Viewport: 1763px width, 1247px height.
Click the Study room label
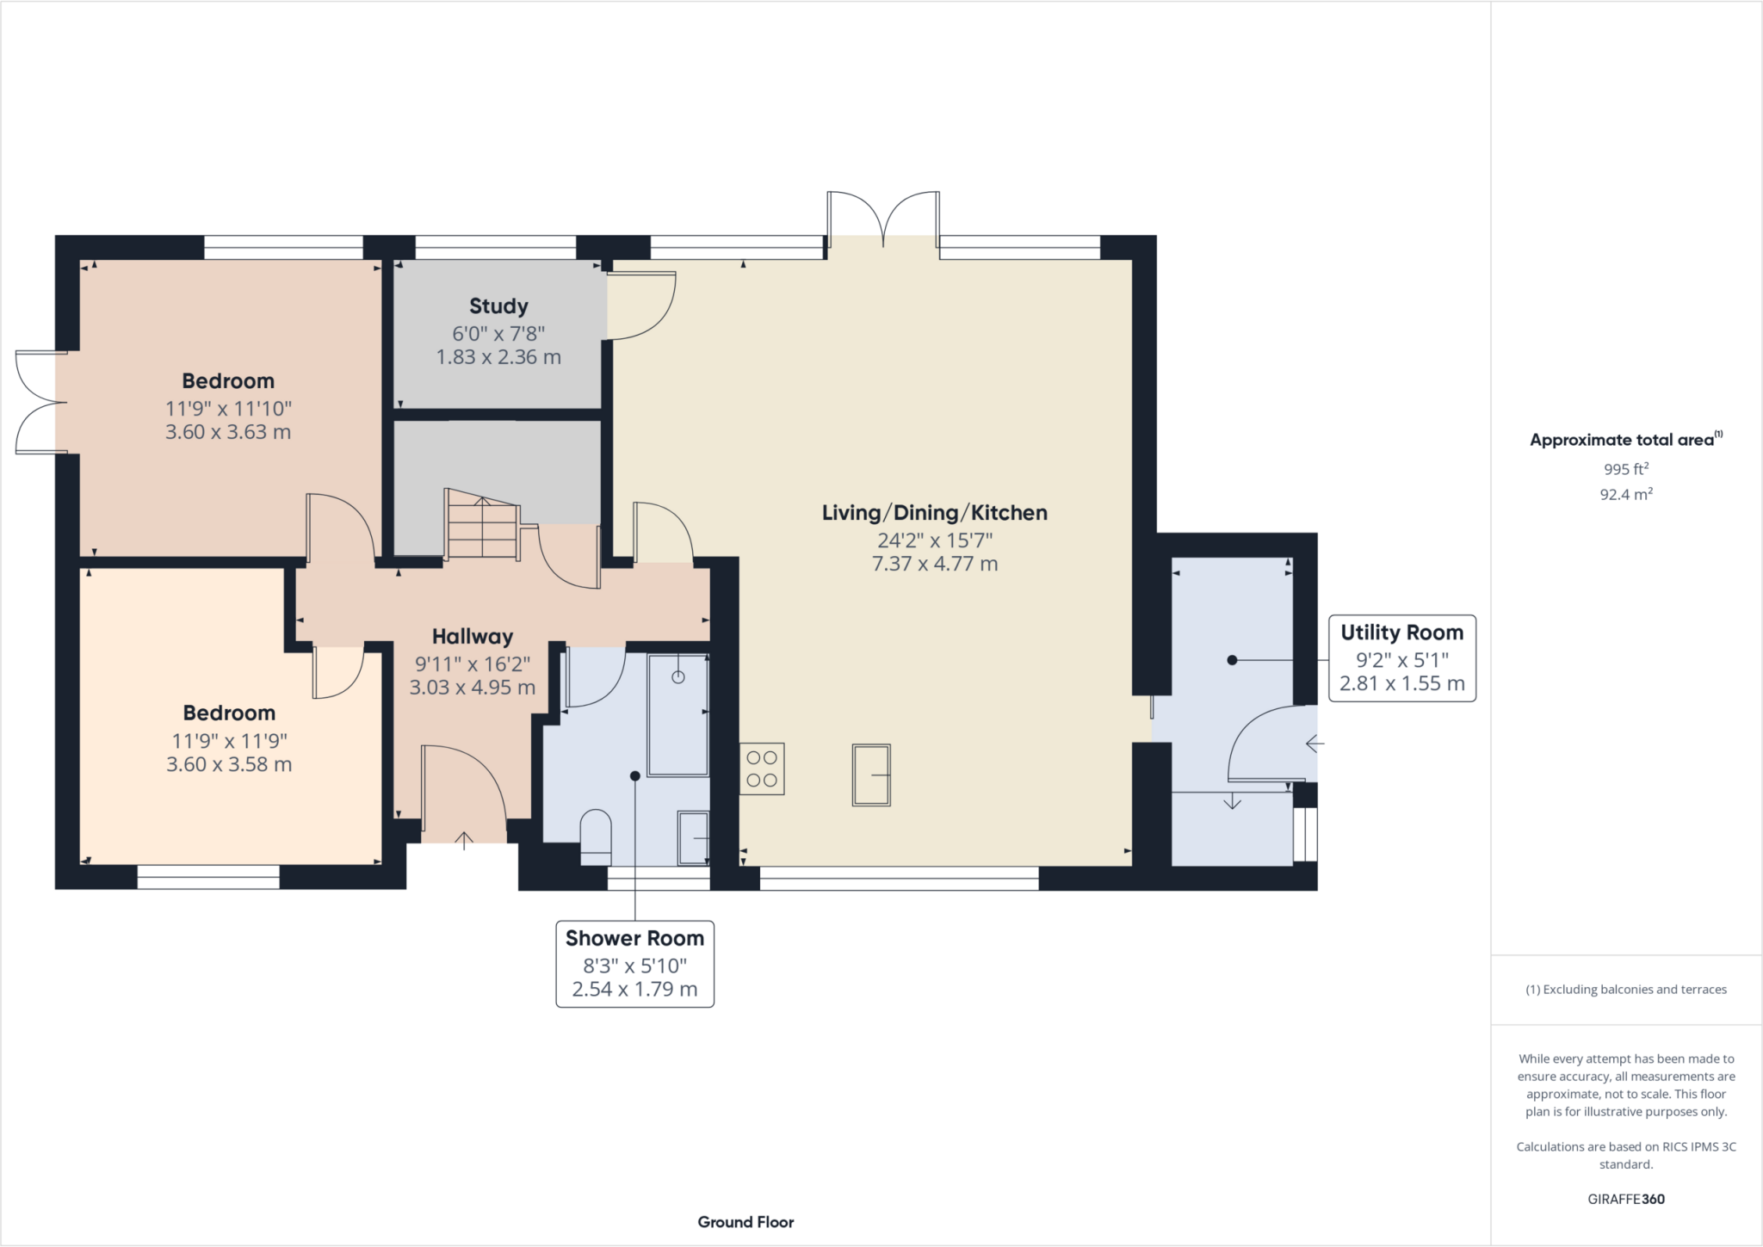pos(498,306)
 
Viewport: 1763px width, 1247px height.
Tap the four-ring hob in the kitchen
pos(762,769)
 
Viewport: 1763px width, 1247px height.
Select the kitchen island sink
pos(871,775)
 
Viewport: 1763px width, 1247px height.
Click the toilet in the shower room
pos(596,836)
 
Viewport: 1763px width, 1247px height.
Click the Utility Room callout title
pos(1401,633)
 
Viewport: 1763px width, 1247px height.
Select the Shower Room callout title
pos(634,938)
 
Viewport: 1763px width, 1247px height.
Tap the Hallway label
pos(473,637)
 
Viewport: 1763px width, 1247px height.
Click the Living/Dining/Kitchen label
pos(935,513)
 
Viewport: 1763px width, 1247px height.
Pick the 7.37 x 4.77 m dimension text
pos(935,565)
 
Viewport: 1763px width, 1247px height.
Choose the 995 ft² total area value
pos(1626,469)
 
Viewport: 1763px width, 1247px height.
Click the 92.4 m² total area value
pos(1626,494)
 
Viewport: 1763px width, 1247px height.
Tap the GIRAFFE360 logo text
pos(1626,1199)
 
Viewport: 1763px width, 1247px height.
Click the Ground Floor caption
pos(745,1222)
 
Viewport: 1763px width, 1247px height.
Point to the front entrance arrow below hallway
pos(464,841)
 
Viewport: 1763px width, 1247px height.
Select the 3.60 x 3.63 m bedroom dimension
pos(228,432)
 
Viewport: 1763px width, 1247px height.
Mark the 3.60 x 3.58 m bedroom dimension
pos(229,764)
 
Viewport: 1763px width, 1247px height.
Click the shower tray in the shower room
pos(678,715)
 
